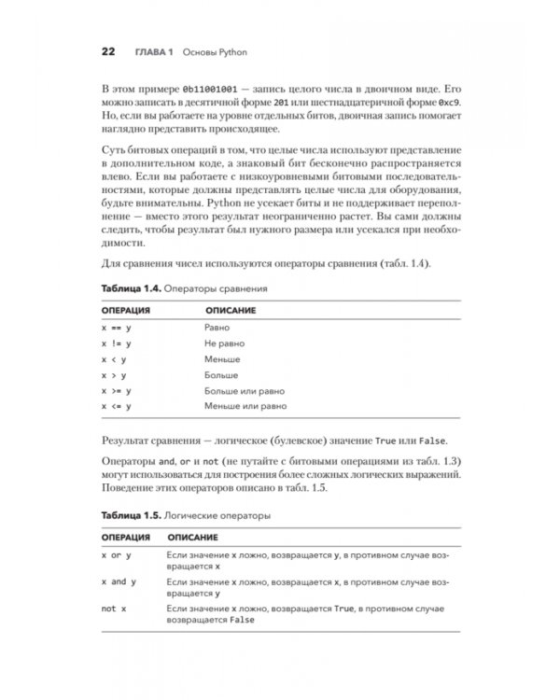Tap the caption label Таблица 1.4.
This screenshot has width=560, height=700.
[130, 289]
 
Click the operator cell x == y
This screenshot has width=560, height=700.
[117, 329]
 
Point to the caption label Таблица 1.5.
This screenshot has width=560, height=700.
[130, 514]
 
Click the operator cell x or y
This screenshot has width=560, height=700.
[117, 554]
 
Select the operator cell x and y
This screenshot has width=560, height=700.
[119, 581]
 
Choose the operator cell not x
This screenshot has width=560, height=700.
[114, 609]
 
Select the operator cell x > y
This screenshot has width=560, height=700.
[114, 375]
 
